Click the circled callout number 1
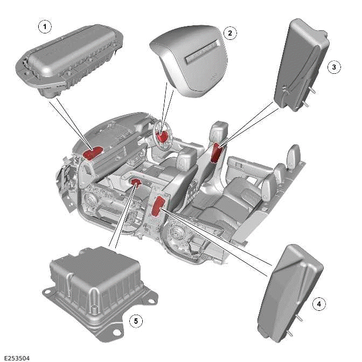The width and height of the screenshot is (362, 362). pyautogui.click(x=45, y=25)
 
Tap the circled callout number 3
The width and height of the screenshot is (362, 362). pyautogui.click(x=334, y=67)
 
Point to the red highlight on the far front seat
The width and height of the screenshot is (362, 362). pyautogui.click(x=217, y=152)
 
